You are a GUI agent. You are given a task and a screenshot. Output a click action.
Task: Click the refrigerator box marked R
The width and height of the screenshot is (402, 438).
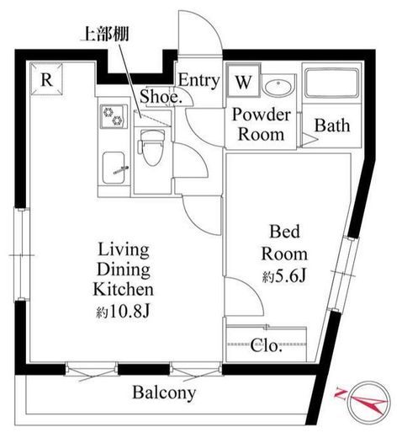tap(46, 79)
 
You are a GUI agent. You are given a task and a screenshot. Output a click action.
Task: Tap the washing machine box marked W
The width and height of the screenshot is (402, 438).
tap(243, 81)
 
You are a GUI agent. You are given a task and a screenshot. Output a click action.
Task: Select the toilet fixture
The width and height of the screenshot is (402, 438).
tap(151, 147)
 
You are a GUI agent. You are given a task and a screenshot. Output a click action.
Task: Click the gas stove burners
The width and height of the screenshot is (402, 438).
tap(114, 116)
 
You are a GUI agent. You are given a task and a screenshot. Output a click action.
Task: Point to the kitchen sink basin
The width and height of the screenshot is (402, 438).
tap(114, 168)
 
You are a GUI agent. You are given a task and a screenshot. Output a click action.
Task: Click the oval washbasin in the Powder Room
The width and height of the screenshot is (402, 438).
tap(278, 88)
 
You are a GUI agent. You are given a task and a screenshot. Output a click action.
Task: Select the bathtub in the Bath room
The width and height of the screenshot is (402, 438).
tap(331, 83)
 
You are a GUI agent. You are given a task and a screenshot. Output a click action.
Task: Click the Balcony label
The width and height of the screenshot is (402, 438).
tap(164, 393)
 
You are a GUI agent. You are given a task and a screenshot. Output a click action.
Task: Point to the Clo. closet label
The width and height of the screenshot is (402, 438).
tap(266, 345)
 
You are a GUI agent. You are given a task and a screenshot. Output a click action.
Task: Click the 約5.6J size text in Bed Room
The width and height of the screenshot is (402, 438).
tap(283, 277)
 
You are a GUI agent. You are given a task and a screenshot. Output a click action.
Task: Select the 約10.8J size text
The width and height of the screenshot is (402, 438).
tap(123, 311)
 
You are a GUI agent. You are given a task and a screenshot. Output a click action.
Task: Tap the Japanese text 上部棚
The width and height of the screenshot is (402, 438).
tap(104, 34)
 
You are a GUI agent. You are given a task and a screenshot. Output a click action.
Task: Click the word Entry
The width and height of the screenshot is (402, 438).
tap(198, 81)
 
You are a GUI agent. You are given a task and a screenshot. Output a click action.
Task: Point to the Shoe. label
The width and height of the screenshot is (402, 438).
tap(161, 96)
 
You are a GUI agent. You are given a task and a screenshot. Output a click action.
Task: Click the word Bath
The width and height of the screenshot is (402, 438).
tap(332, 126)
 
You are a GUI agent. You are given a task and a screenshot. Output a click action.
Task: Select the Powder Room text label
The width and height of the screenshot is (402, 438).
tap(262, 124)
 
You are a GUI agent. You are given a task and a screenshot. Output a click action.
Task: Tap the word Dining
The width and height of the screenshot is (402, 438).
tap(124, 270)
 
